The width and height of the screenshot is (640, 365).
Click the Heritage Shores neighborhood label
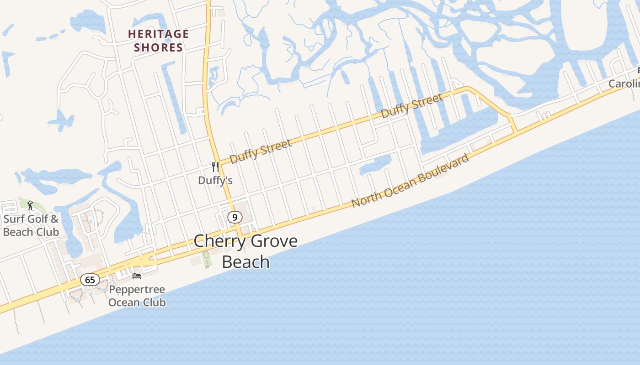[x=158, y=40]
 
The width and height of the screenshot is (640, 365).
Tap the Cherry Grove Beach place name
[x=245, y=251]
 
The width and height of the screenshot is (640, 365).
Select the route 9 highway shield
[x=235, y=217]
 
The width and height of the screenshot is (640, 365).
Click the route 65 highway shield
[x=90, y=280]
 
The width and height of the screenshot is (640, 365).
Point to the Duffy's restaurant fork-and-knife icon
[x=215, y=167]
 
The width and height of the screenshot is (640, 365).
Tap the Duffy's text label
[x=215, y=181]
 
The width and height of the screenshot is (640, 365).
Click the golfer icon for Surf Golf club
[x=31, y=205]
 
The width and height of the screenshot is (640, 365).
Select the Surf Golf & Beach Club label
[x=31, y=225]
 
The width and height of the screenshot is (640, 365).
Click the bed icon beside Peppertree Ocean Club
[x=137, y=276]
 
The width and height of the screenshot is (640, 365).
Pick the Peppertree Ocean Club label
[x=137, y=296]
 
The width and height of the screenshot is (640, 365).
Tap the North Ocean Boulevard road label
[x=410, y=181]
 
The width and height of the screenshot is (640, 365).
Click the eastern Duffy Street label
[x=412, y=105]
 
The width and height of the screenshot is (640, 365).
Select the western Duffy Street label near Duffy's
[x=260, y=151]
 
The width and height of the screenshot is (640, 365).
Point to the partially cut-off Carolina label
[x=624, y=84]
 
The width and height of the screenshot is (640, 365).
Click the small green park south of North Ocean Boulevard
[x=207, y=259]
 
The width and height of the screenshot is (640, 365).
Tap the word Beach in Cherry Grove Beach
[x=245, y=262]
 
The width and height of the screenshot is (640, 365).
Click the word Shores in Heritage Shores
[x=158, y=47]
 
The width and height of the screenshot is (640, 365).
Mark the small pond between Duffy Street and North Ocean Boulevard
[x=376, y=165]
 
